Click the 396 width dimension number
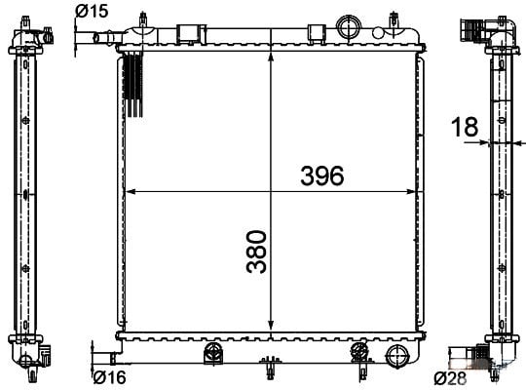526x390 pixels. (x=321, y=176)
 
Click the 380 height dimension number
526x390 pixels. (x=256, y=252)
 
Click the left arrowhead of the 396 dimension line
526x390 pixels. (x=133, y=192)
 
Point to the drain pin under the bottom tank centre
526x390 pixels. (x=269, y=370)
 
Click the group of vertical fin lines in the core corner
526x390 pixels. (x=133, y=86)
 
